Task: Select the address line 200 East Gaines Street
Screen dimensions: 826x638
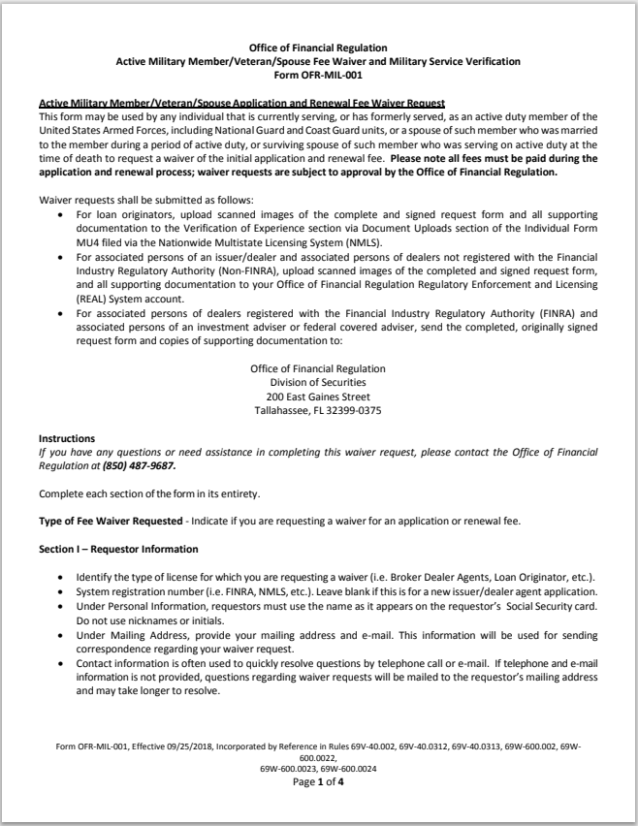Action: pos(318,397)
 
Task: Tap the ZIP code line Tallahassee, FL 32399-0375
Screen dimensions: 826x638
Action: pos(318,410)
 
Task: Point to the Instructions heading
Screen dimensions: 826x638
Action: pos(67,438)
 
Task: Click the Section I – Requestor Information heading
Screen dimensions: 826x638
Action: pos(105,549)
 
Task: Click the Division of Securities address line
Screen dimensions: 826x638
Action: pos(318,383)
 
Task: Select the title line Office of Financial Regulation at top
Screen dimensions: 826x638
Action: pos(318,48)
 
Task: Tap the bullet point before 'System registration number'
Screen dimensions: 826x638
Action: pos(63,592)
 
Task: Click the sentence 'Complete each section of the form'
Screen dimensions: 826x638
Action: pos(149,493)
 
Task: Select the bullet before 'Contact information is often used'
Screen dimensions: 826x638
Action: pos(63,666)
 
